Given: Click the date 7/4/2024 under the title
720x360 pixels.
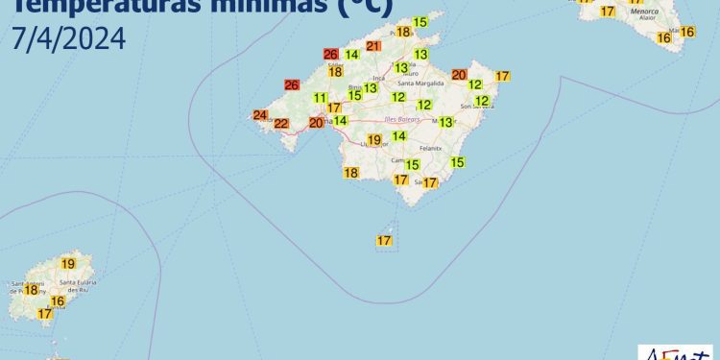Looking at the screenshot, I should (69, 40).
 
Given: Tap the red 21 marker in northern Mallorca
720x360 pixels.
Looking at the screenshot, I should (373, 46).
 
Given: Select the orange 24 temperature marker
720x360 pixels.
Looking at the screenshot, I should (260, 115).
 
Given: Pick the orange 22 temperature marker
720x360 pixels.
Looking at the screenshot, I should (281, 124).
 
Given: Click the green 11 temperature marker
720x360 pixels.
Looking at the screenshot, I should (321, 98).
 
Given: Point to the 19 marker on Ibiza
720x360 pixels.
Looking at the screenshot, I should (68, 264).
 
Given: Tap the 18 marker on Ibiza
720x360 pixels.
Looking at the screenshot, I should (31, 289).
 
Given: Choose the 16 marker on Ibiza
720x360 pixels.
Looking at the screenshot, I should (58, 301).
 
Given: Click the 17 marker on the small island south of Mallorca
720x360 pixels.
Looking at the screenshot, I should (385, 240).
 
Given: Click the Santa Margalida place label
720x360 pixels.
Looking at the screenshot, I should (415, 83).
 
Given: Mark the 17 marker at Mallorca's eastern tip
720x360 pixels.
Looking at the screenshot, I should (501, 76).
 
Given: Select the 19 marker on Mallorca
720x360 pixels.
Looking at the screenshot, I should (374, 140).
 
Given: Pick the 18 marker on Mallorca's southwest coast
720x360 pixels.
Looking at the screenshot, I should (351, 173).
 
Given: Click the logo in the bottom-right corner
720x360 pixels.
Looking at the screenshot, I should (676, 351).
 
